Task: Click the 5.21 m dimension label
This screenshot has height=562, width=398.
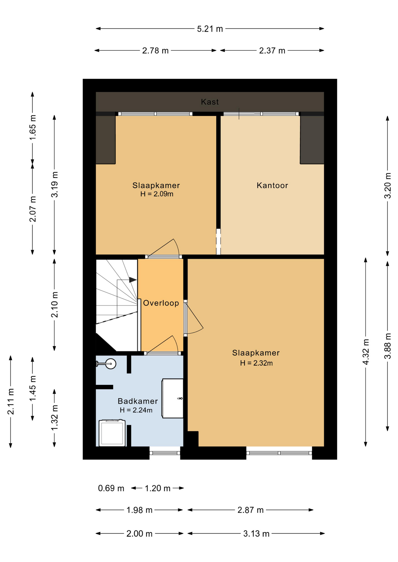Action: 210,29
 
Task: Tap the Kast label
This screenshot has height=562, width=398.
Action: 210,102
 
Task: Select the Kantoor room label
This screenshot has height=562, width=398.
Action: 272,185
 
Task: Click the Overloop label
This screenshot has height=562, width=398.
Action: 161,303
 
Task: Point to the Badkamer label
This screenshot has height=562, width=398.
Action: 138,401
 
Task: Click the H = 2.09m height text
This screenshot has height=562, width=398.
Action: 157,194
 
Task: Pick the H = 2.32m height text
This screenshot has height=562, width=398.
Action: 256,363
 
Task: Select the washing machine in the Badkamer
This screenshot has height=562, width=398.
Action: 112,433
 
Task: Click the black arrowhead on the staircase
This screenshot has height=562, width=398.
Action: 133,280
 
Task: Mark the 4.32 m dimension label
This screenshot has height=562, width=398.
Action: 366,352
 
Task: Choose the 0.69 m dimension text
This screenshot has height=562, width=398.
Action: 111,488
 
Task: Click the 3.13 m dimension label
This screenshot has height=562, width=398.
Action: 256,534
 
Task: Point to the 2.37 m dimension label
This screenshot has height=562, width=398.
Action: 272,51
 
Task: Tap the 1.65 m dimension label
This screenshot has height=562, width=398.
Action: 33,127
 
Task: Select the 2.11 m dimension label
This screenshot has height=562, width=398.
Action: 11,402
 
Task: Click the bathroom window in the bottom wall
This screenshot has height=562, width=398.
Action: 165,453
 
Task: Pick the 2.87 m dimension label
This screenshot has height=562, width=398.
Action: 250,510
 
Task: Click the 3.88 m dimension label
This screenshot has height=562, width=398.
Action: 388,346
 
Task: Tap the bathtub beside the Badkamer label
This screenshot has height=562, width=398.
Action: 173,398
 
